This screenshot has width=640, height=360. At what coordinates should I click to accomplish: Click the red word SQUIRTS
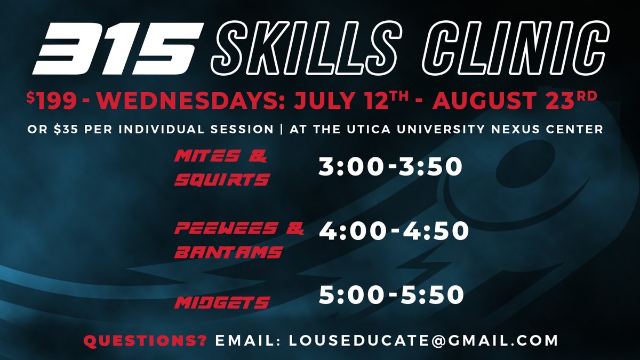(x=222, y=180)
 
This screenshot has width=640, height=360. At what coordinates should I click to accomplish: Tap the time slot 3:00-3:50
(x=390, y=167)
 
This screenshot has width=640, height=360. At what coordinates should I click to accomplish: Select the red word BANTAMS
(x=229, y=252)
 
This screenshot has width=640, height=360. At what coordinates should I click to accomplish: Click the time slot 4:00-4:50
(x=394, y=231)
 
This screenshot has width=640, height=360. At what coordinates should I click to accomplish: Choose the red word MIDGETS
(x=222, y=303)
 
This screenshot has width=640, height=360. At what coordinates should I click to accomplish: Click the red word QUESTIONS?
(x=145, y=340)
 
